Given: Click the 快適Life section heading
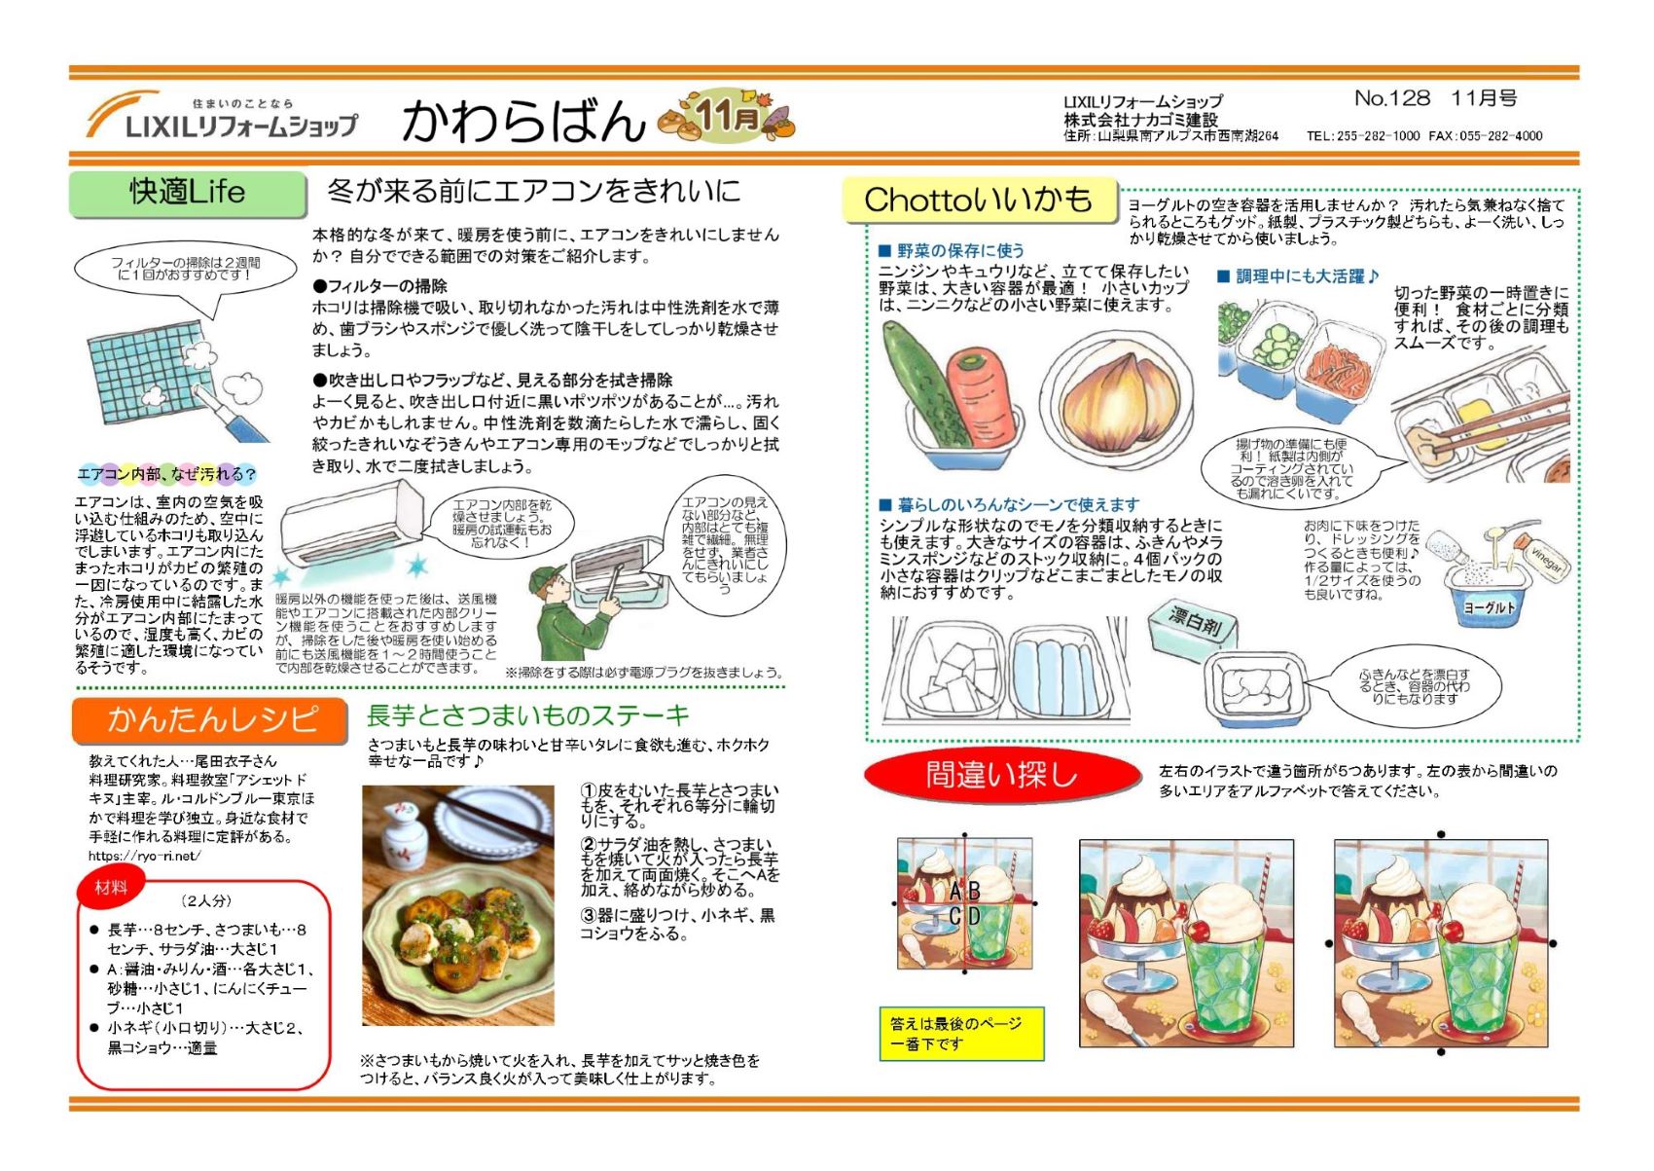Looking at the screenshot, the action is [x=188, y=194].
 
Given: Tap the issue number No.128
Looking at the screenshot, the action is [x=1392, y=98].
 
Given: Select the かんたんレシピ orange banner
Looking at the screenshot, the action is [x=210, y=719].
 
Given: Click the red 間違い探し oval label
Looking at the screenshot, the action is [x=1002, y=776].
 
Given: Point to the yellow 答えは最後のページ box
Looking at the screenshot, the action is [x=961, y=1034].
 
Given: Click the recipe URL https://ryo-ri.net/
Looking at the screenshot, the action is [x=144, y=857].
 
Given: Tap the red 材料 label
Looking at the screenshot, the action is [x=111, y=888].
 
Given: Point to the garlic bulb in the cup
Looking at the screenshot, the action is [x=1119, y=403].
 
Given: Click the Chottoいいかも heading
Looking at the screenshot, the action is [x=979, y=201].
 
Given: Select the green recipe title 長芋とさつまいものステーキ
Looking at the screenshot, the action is [x=528, y=715].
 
